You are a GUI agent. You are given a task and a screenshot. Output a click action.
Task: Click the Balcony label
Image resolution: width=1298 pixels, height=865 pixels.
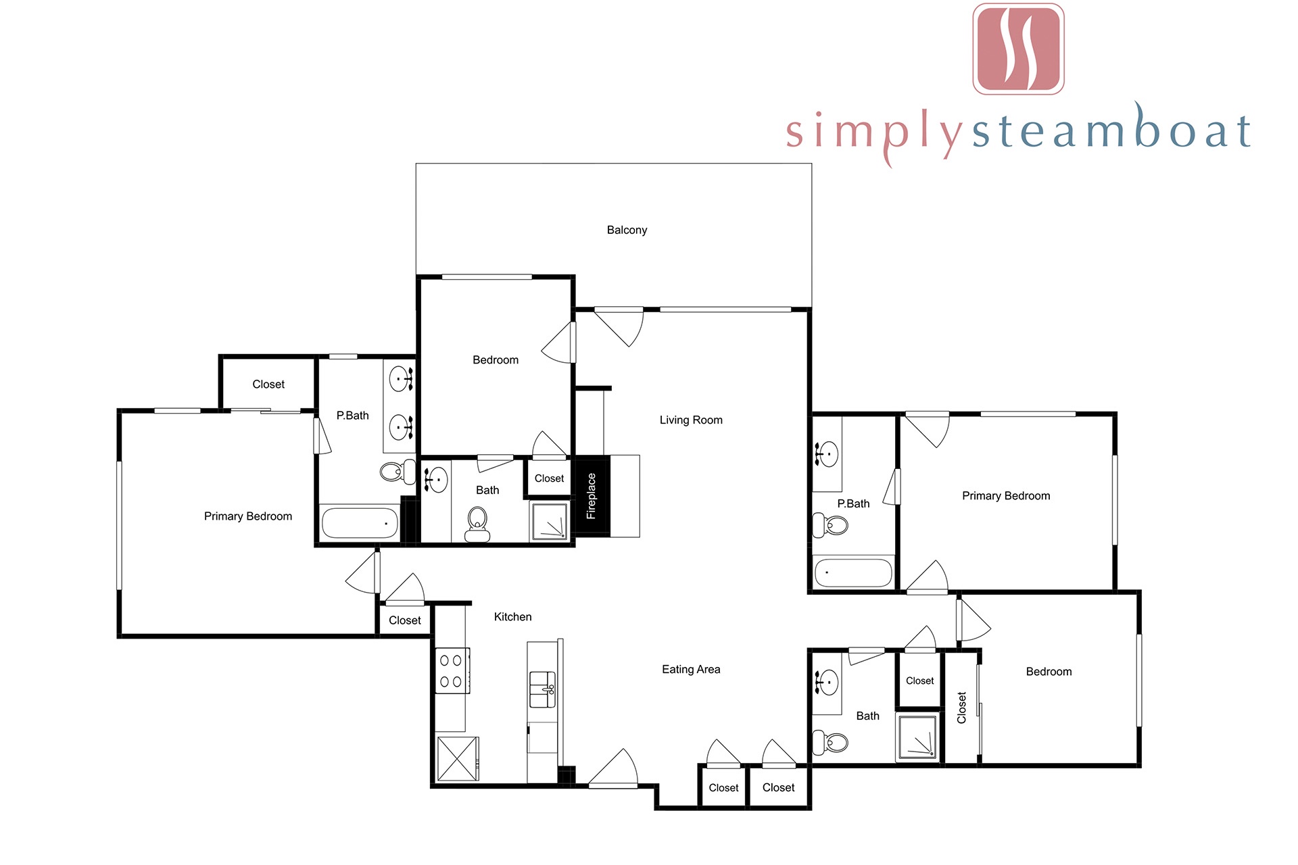coord(627,230)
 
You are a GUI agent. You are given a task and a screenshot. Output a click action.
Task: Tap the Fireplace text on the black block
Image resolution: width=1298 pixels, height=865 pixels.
coord(591,496)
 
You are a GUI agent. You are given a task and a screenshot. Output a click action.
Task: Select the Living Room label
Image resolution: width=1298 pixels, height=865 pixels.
coord(691,420)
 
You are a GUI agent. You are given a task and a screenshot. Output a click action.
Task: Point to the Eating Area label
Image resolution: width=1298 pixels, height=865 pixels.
coord(691,669)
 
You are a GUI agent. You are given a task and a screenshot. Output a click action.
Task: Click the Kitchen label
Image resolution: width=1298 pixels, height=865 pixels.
coord(512,616)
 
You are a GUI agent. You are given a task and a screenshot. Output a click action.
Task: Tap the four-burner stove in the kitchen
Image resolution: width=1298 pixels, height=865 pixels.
coord(452,670)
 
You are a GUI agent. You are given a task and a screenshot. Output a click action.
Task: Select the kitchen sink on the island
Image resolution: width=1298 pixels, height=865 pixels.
coord(542,689)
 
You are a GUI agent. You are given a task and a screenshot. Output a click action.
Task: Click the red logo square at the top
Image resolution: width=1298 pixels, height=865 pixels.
coord(1018,49)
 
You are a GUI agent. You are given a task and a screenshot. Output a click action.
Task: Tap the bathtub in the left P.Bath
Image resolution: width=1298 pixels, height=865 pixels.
coord(360,523)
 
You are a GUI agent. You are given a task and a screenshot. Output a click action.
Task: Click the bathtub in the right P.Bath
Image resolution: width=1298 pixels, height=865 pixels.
coord(853,573)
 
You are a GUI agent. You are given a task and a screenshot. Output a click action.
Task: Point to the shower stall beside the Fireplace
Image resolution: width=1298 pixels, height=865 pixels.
coord(550,520)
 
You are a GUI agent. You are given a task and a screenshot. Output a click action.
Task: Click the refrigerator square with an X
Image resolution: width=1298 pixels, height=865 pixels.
coord(458,759)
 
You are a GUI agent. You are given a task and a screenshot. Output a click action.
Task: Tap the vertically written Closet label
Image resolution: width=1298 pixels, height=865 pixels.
coord(961,708)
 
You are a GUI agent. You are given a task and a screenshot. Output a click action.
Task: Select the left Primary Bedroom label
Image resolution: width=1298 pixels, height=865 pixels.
coord(248,516)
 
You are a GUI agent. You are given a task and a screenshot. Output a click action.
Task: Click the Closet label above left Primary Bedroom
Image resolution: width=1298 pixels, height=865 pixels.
coord(268,384)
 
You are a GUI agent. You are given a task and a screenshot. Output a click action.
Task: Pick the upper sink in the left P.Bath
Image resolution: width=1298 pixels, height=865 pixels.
coord(401,379)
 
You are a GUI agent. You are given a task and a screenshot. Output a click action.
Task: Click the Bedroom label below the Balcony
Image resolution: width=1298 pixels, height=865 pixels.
coord(496,360)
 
